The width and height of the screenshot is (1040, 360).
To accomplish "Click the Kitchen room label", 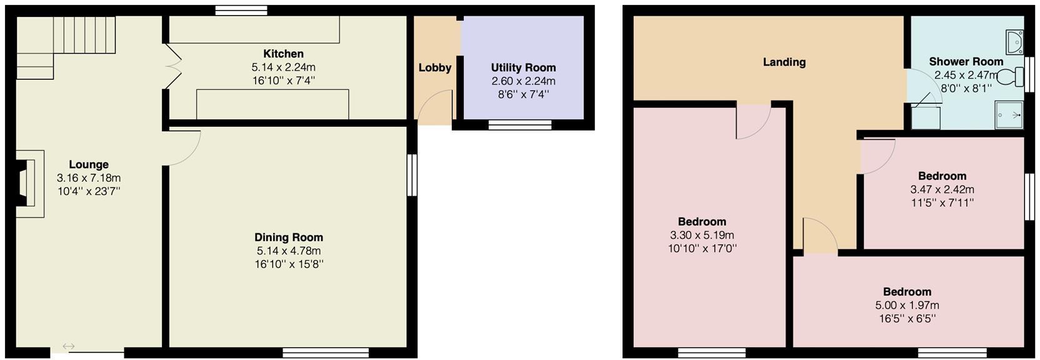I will tap(283, 54).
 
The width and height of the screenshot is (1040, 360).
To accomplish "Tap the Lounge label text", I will tap(89, 164).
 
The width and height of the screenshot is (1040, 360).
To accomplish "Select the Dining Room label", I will tap(289, 237).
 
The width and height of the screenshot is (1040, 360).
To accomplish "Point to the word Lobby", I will tap(435, 67).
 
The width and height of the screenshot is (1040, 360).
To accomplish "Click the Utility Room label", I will tap(523, 67).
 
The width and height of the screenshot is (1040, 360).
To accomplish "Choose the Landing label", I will tap(784, 62).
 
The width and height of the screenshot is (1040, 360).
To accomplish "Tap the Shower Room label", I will tap(966, 61).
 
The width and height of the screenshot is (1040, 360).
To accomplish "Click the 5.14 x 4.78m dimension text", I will tap(289, 251).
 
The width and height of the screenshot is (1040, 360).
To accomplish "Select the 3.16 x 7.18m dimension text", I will tap(89, 178).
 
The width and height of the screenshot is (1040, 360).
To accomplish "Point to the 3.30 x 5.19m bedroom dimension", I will tap(702, 235).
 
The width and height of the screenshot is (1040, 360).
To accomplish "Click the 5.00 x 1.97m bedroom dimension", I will tap(907, 306).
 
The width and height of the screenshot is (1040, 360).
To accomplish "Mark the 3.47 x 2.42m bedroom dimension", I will tap(942, 189).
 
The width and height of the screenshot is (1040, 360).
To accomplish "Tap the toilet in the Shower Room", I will tap(1009, 77).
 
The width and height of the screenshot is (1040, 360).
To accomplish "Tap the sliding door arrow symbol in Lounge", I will tap(69, 346).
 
